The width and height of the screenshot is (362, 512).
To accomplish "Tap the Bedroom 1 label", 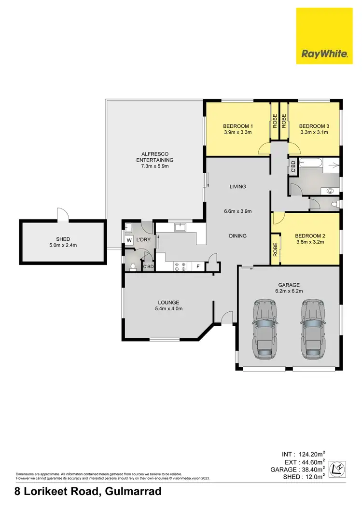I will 238,126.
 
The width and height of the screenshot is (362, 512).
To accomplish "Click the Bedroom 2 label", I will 310,235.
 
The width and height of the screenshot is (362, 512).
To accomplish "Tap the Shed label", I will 63,239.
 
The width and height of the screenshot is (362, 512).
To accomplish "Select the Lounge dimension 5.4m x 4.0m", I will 168,308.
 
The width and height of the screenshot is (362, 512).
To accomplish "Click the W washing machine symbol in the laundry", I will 129,240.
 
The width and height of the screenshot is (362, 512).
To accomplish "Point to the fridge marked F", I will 198,266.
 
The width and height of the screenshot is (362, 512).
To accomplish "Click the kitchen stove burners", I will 180,266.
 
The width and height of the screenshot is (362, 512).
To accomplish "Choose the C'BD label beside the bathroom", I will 293,166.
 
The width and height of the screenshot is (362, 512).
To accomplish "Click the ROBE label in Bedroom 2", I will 275,249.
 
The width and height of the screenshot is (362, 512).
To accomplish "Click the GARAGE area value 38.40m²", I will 311,470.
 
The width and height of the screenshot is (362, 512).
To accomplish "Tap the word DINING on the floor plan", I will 237,236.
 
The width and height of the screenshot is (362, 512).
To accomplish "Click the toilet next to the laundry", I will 133,266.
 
